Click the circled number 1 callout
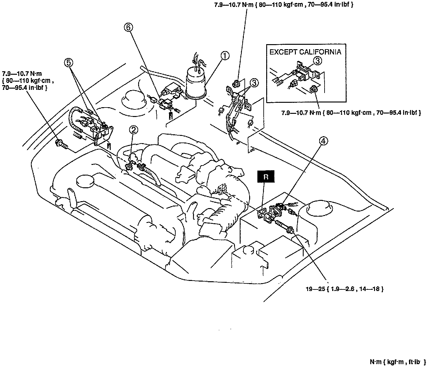coord(225,56)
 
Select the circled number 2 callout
coord(134,129)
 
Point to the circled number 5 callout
coord(69,62)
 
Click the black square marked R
coord(266,177)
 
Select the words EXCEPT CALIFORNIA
coord(305,52)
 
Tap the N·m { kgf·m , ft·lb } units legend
coord(398,362)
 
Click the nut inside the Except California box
coord(313,90)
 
